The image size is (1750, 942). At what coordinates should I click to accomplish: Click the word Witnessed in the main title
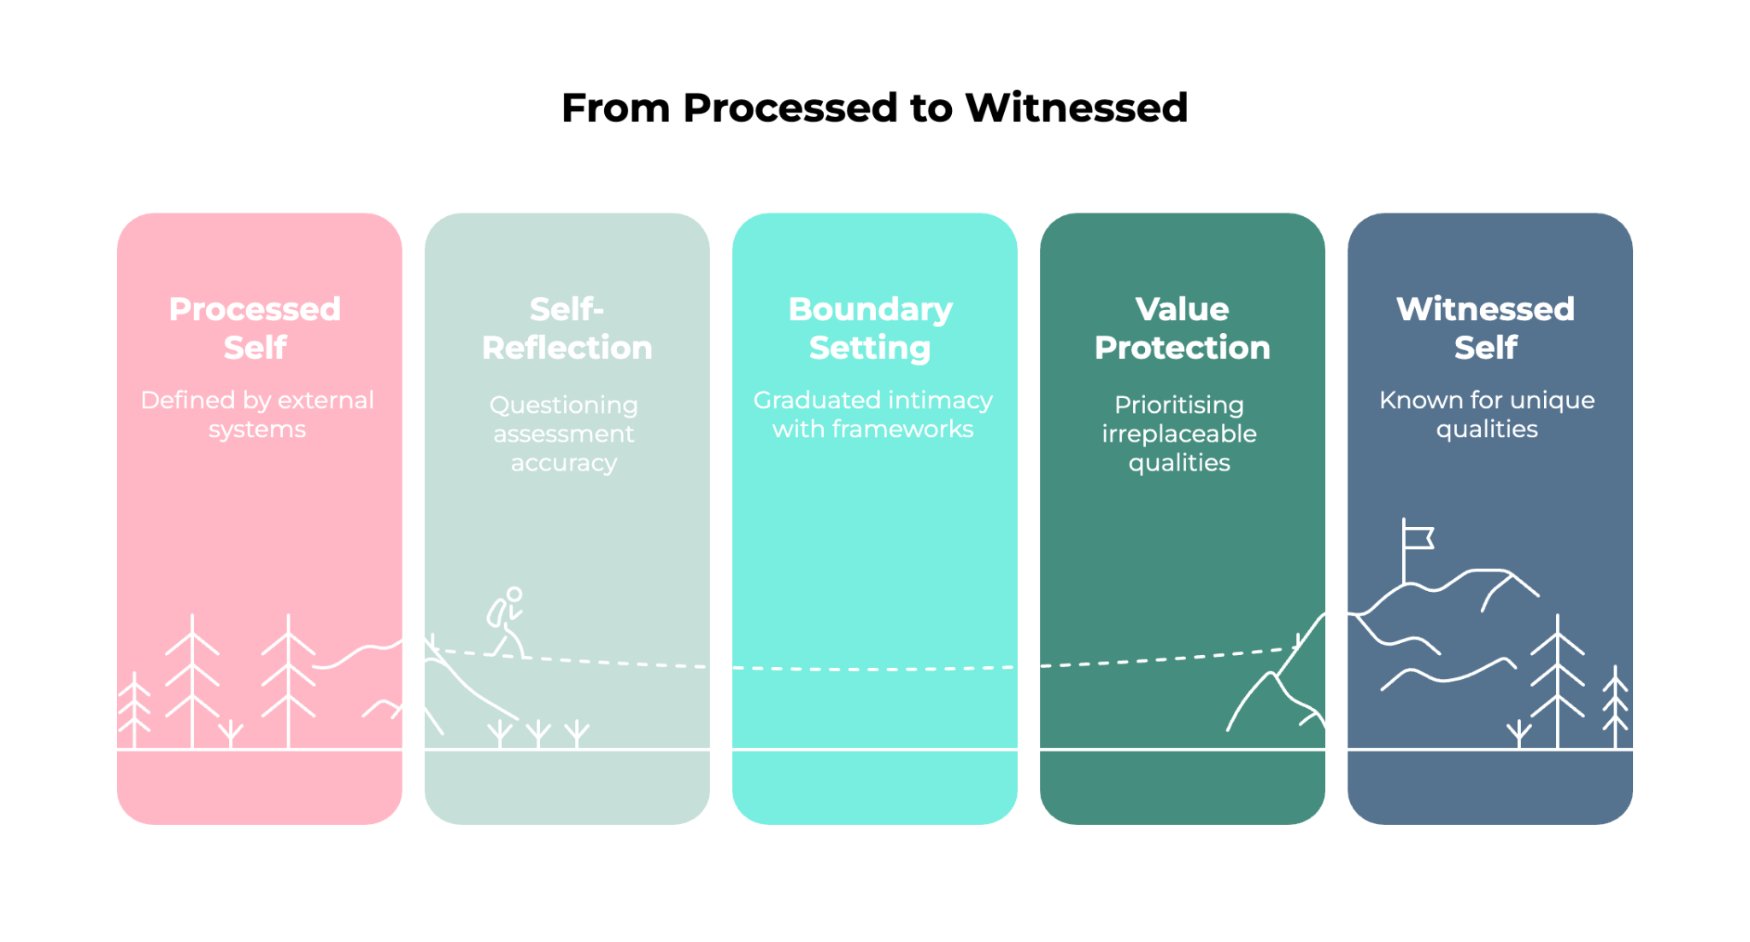(1076, 108)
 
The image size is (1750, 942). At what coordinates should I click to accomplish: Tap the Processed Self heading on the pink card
(255, 328)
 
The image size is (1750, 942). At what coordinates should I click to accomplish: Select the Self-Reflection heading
(567, 328)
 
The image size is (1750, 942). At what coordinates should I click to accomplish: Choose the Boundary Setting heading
(870, 328)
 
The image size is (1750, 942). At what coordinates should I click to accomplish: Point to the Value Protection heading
(1182, 328)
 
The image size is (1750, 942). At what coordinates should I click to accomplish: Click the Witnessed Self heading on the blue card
(1485, 328)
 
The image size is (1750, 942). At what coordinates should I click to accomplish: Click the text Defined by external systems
(257, 414)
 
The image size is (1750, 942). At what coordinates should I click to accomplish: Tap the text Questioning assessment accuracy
(564, 433)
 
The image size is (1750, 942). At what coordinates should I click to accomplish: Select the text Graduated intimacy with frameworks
(872, 414)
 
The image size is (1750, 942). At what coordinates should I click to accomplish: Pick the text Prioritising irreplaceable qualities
(1179, 433)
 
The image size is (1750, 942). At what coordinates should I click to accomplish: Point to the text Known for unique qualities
(1487, 414)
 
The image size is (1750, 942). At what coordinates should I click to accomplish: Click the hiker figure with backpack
(506, 623)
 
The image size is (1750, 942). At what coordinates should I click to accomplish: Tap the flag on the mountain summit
(1417, 538)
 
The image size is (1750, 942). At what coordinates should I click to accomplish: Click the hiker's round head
(514, 594)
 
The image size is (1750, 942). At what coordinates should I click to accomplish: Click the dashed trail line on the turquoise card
(873, 669)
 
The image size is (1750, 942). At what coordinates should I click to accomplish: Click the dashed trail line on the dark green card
(1162, 659)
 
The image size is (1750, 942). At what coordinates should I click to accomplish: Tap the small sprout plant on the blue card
(1518, 733)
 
